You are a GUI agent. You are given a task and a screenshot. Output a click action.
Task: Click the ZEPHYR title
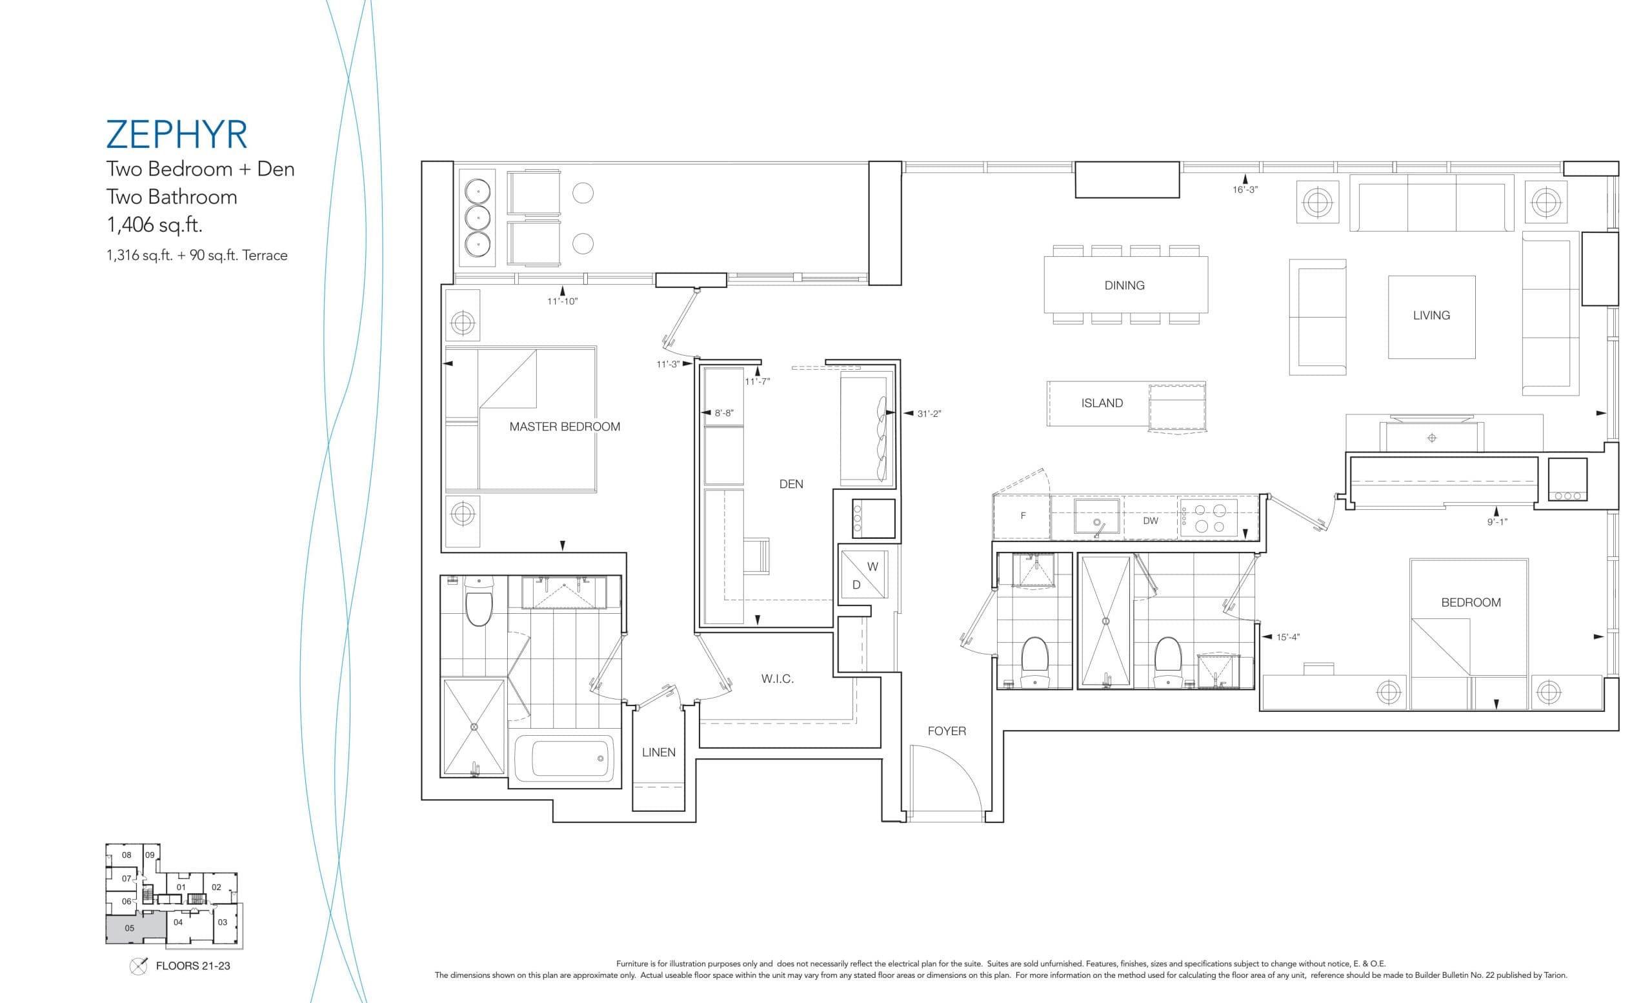[x=177, y=135]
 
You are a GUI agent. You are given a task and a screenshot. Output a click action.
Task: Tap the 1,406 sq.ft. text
[x=154, y=225]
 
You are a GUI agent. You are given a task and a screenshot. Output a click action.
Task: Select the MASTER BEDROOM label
[x=565, y=427]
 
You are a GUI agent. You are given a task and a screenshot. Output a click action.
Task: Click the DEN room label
[x=791, y=484]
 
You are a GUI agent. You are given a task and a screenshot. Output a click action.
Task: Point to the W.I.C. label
[x=777, y=679]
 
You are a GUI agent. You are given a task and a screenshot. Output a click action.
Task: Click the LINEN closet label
[x=658, y=753]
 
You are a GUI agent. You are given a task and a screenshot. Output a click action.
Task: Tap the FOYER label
[x=947, y=731]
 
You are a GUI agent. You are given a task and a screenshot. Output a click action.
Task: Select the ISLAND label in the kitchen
[x=1102, y=403]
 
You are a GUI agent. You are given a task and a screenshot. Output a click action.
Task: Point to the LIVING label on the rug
[x=1431, y=315]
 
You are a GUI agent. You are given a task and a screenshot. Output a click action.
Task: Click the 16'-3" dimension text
[x=1245, y=190]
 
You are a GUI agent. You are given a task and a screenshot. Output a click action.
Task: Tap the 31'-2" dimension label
[x=929, y=414]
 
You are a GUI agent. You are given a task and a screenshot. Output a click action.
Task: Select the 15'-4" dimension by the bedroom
[x=1288, y=637]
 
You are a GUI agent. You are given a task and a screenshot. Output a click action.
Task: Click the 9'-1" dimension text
[x=1496, y=522]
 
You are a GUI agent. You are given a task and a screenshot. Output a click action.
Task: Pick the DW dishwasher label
[x=1151, y=521]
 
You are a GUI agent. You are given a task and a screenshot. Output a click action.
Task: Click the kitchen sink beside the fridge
[x=1096, y=516]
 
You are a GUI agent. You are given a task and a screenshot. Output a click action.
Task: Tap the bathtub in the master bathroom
[x=572, y=758]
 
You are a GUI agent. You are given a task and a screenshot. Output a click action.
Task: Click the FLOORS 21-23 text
[x=192, y=966]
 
